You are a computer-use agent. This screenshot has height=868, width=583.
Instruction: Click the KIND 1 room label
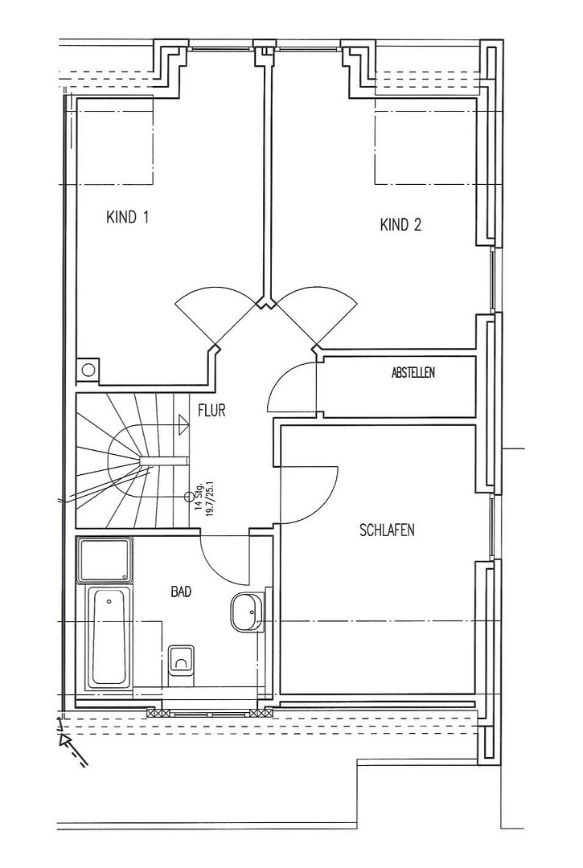tap(127, 217)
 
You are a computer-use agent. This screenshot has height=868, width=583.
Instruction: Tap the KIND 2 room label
tap(400, 224)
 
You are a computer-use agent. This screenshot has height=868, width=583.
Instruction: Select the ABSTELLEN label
tap(413, 373)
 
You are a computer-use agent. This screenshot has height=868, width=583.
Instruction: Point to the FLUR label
tap(211, 411)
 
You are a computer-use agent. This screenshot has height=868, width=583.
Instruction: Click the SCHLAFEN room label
tap(387, 530)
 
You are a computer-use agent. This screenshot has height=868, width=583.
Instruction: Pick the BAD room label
tap(181, 592)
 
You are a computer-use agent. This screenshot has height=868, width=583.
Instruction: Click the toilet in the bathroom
tap(181, 662)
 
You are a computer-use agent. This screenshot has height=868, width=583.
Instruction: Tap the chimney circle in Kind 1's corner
tap(88, 369)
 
